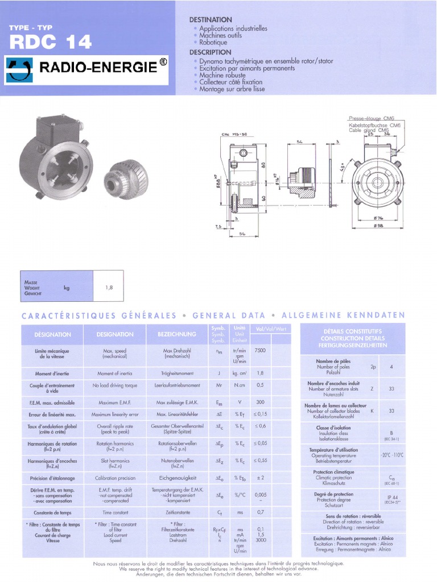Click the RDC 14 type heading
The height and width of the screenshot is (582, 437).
pyautogui.click(x=50, y=43)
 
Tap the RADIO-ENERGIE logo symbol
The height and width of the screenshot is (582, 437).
pyautogui.click(x=20, y=69)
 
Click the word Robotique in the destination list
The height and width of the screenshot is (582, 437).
pyautogui.click(x=213, y=43)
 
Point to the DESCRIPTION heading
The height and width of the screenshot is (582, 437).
pyautogui.click(x=211, y=52)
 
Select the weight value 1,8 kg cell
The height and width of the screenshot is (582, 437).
pyautogui.click(x=109, y=288)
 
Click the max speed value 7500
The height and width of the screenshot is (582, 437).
pyautogui.click(x=261, y=351)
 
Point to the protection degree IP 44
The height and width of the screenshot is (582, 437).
pyautogui.click(x=391, y=497)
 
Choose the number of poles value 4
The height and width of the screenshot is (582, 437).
pyautogui.click(x=391, y=367)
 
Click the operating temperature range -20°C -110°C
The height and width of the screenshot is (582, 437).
pyautogui.click(x=391, y=455)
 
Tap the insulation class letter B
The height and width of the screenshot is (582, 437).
pyautogui.click(x=391, y=433)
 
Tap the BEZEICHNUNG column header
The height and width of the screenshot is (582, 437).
pyautogui.click(x=177, y=334)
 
